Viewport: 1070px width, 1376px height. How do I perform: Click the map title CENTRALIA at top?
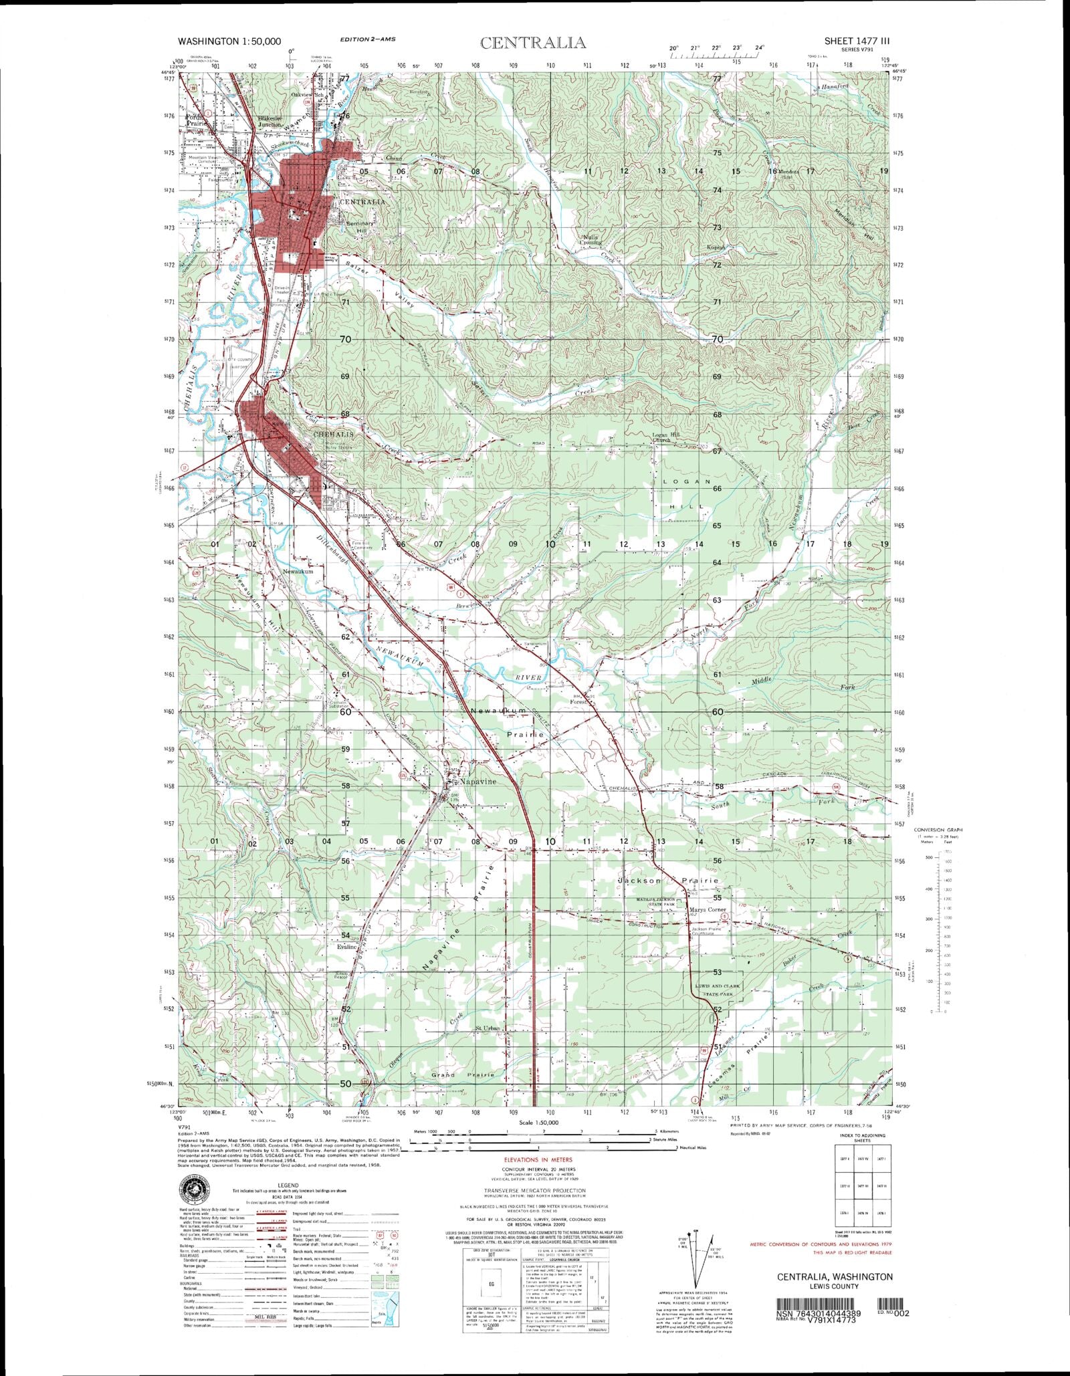(x=533, y=43)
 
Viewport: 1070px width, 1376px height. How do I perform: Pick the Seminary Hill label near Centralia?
(x=360, y=227)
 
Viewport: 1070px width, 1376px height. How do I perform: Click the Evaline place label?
(x=347, y=947)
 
